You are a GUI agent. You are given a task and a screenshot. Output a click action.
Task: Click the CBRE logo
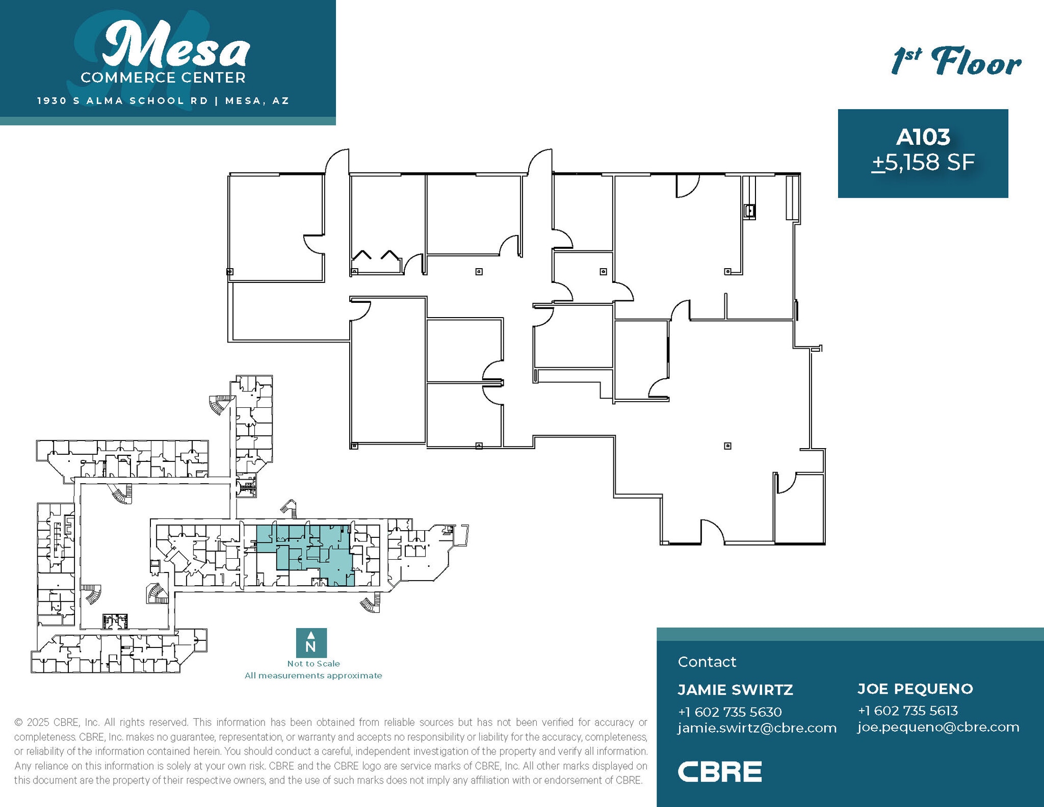719,771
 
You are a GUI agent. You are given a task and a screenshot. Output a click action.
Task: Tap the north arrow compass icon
311,642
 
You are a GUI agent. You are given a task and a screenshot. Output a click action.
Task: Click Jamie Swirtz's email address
757,727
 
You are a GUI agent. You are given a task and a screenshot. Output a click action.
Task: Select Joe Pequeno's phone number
907,710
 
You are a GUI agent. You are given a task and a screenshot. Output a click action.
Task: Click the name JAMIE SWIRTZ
735,690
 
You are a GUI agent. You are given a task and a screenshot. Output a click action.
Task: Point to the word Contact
707,662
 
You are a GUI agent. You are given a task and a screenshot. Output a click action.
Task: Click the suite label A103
923,137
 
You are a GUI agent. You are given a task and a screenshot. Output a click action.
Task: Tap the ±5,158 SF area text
923,163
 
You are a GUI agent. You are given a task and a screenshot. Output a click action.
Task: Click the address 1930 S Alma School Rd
123,100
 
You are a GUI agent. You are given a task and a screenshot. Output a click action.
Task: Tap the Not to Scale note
313,663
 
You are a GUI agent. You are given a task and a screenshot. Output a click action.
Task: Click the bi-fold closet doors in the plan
376,255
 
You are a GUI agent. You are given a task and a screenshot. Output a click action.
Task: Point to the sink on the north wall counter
749,210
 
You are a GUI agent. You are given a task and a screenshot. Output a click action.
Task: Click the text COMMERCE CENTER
163,77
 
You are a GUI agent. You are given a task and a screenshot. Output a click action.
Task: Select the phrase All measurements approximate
313,675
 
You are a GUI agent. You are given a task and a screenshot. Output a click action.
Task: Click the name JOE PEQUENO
915,689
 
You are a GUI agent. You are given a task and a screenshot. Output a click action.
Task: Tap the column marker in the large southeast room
727,446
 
